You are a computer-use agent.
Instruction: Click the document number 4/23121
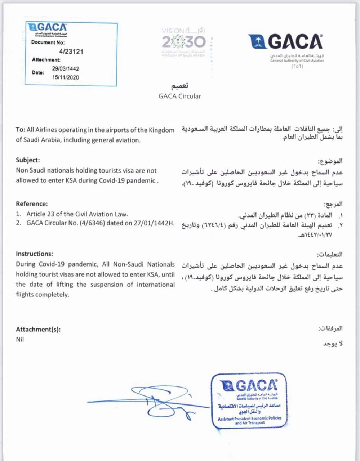71,52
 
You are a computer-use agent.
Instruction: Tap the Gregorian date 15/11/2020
65,77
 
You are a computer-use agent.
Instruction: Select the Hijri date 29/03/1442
65,68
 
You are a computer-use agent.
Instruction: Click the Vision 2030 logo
183,42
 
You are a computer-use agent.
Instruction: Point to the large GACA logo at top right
286,42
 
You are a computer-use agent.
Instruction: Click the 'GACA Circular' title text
179,96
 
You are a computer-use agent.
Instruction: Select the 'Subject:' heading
28,160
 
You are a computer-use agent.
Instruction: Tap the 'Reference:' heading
32,204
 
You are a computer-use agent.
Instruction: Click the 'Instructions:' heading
34,254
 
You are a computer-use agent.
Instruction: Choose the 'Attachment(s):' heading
38,329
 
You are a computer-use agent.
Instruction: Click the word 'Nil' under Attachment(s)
20,339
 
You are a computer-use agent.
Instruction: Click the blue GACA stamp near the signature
249,400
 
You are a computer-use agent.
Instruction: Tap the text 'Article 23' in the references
40,214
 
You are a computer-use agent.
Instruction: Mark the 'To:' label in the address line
21,130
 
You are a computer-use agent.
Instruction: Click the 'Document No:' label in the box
48,42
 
